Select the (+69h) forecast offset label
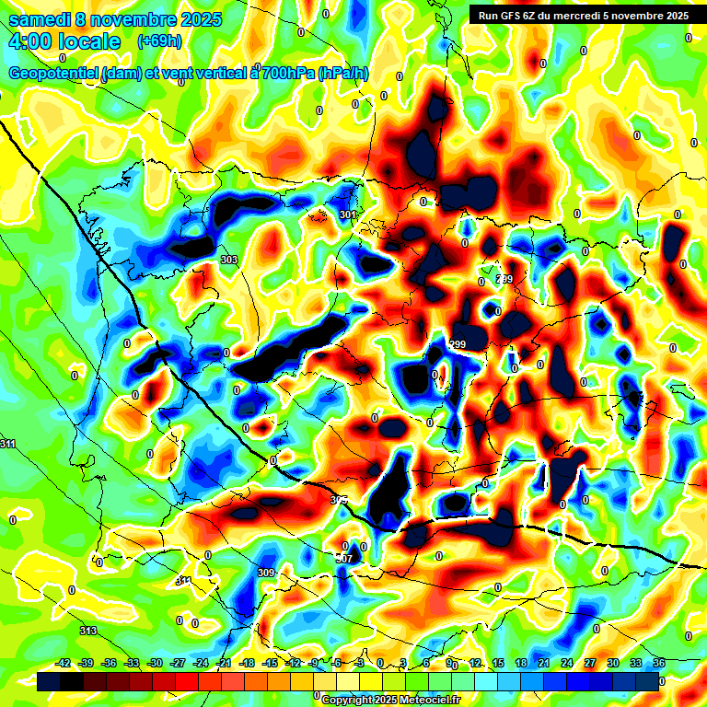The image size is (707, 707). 158,41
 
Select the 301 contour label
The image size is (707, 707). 347,215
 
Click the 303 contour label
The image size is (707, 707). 229,261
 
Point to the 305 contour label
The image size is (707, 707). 339,500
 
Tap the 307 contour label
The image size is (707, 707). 343,559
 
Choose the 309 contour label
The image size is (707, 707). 266,573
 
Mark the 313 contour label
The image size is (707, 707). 87,631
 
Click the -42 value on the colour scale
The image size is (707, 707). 64,663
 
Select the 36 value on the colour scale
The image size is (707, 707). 658,663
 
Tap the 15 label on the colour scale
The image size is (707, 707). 497,663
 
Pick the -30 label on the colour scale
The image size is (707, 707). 155,663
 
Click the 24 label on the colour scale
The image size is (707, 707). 566,663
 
